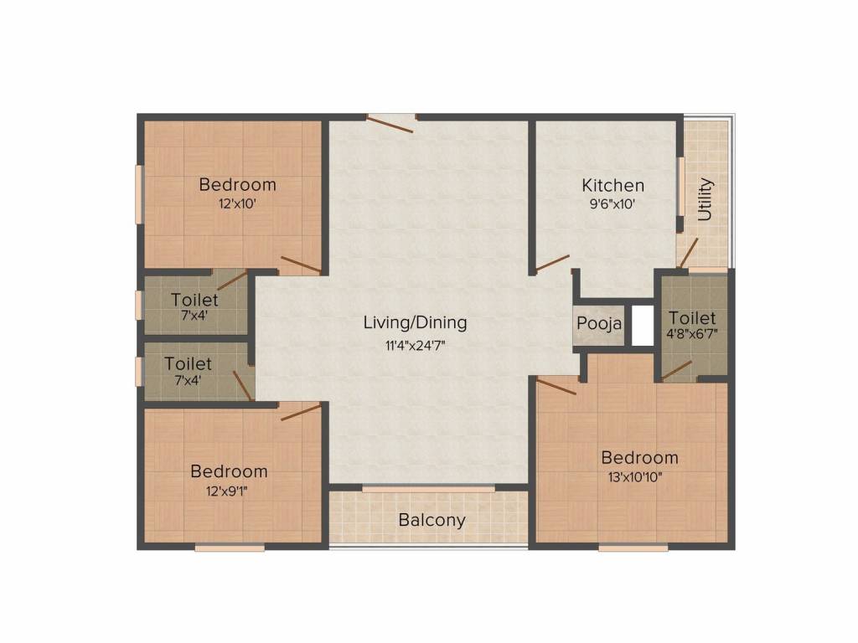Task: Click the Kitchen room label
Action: [x=612, y=185]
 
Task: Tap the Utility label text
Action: [x=706, y=199]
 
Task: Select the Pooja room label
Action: [x=599, y=324]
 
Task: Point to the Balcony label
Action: [x=432, y=520]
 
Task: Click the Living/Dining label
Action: [x=416, y=322]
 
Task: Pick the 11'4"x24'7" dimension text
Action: [x=416, y=346]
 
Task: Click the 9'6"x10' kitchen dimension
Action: [x=612, y=204]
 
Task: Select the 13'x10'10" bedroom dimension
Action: [x=635, y=476]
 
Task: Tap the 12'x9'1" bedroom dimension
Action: [x=227, y=491]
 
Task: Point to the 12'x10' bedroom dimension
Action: [x=237, y=204]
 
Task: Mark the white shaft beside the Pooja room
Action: [x=643, y=326]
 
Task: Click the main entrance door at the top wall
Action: [x=390, y=124]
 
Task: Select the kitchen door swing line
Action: [x=552, y=264]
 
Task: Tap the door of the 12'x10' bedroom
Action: [x=301, y=264]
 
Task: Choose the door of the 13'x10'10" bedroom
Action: [x=556, y=386]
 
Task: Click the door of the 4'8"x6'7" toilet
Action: [x=676, y=370]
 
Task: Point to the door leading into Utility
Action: [x=688, y=253]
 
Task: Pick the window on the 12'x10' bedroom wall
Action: [x=139, y=194]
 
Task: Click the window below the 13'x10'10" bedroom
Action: [x=633, y=548]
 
